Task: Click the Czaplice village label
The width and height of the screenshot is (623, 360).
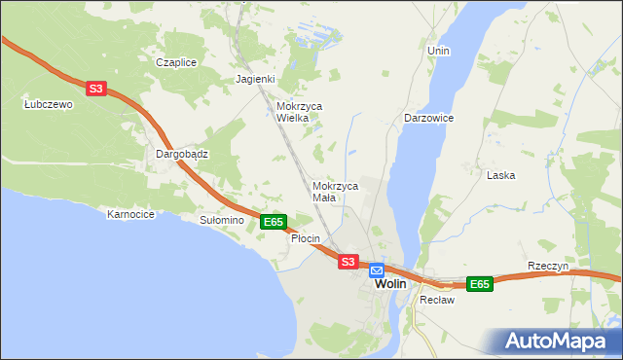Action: [x=176, y=62]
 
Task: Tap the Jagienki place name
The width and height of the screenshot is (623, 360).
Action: [x=256, y=79]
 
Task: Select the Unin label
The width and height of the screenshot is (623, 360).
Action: [x=438, y=50]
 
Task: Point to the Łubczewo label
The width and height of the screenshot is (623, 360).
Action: [x=49, y=104]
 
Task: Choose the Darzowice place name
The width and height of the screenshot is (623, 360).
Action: [x=429, y=118]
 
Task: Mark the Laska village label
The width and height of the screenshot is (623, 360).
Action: [x=500, y=176]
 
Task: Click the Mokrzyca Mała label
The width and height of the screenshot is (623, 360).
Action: [x=336, y=191]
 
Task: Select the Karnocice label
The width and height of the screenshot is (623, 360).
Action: [x=131, y=214]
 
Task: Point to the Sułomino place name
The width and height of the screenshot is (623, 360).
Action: [x=221, y=221]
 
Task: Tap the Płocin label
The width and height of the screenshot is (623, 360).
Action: [x=306, y=238]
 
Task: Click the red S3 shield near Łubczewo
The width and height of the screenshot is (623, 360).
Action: [x=94, y=89]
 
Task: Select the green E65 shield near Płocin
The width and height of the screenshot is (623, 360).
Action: [x=274, y=222]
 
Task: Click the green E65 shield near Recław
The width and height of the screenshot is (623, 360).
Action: [x=479, y=284]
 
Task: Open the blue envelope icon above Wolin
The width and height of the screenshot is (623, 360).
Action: [x=377, y=270]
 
